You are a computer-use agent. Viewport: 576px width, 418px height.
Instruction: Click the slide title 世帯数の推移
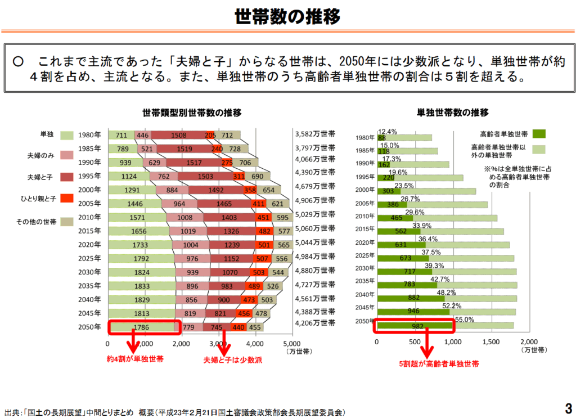[287, 17]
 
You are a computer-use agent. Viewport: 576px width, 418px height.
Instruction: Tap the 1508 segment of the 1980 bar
[178, 135]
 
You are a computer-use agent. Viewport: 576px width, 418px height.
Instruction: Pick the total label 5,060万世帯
[314, 228]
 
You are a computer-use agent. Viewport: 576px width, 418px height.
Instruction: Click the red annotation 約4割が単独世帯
[136, 359]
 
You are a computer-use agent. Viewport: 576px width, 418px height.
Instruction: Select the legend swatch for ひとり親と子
[66, 198]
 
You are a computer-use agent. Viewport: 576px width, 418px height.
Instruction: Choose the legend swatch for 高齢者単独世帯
[539, 134]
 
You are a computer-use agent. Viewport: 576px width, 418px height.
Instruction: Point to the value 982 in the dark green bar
[416, 326]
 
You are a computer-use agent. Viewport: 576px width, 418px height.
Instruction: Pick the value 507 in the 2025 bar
[277, 259]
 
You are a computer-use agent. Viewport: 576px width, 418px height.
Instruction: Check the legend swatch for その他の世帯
[66, 222]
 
